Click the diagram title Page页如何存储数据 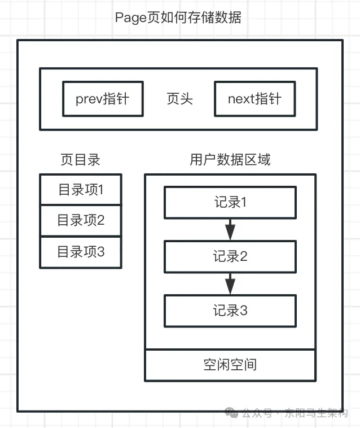[178, 18]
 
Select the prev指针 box [103, 99]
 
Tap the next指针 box [255, 99]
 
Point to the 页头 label [180, 99]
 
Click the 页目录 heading [80, 160]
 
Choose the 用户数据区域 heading [230, 160]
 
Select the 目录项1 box [81, 189]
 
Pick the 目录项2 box [81, 220]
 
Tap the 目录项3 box [81, 252]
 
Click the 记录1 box [230, 203]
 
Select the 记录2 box [230, 256]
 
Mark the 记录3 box [230, 311]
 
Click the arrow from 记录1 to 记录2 [230, 230]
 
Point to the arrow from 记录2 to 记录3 [230, 283]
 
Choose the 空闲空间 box [230, 365]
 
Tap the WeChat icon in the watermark [231, 412]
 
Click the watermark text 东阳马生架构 [317, 413]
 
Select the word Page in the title [131, 18]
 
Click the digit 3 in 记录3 [243, 311]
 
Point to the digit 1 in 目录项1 [100, 190]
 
